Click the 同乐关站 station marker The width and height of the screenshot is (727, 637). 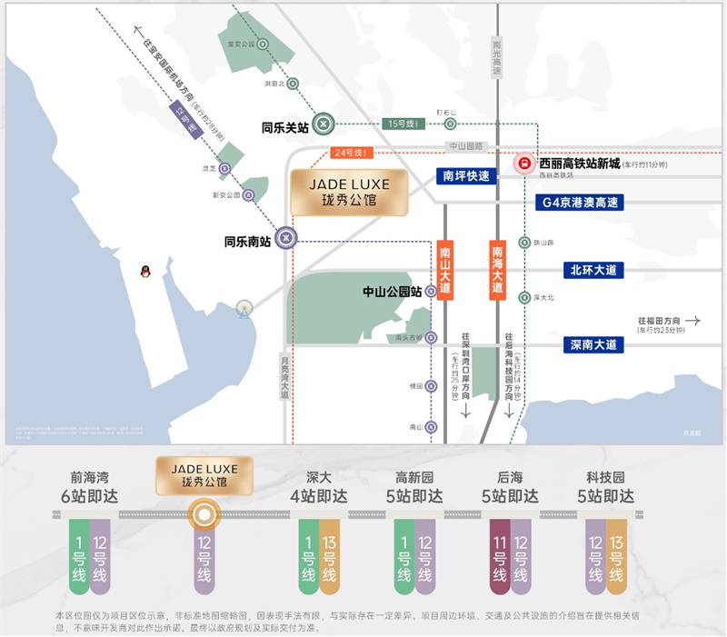point(324,124)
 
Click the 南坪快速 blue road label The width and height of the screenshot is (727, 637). point(466,176)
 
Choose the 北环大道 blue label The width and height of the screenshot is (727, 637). point(593,270)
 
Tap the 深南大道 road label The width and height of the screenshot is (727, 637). point(593,344)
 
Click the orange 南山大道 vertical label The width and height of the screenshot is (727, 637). point(444,271)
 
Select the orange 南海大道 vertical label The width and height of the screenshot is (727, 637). point(497,271)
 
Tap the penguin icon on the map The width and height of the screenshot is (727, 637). point(144,271)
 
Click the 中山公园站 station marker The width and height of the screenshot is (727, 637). point(431,292)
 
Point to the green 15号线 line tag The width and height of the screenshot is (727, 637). point(403,124)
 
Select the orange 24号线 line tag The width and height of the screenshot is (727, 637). point(352,153)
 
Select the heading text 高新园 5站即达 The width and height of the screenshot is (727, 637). point(414,487)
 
